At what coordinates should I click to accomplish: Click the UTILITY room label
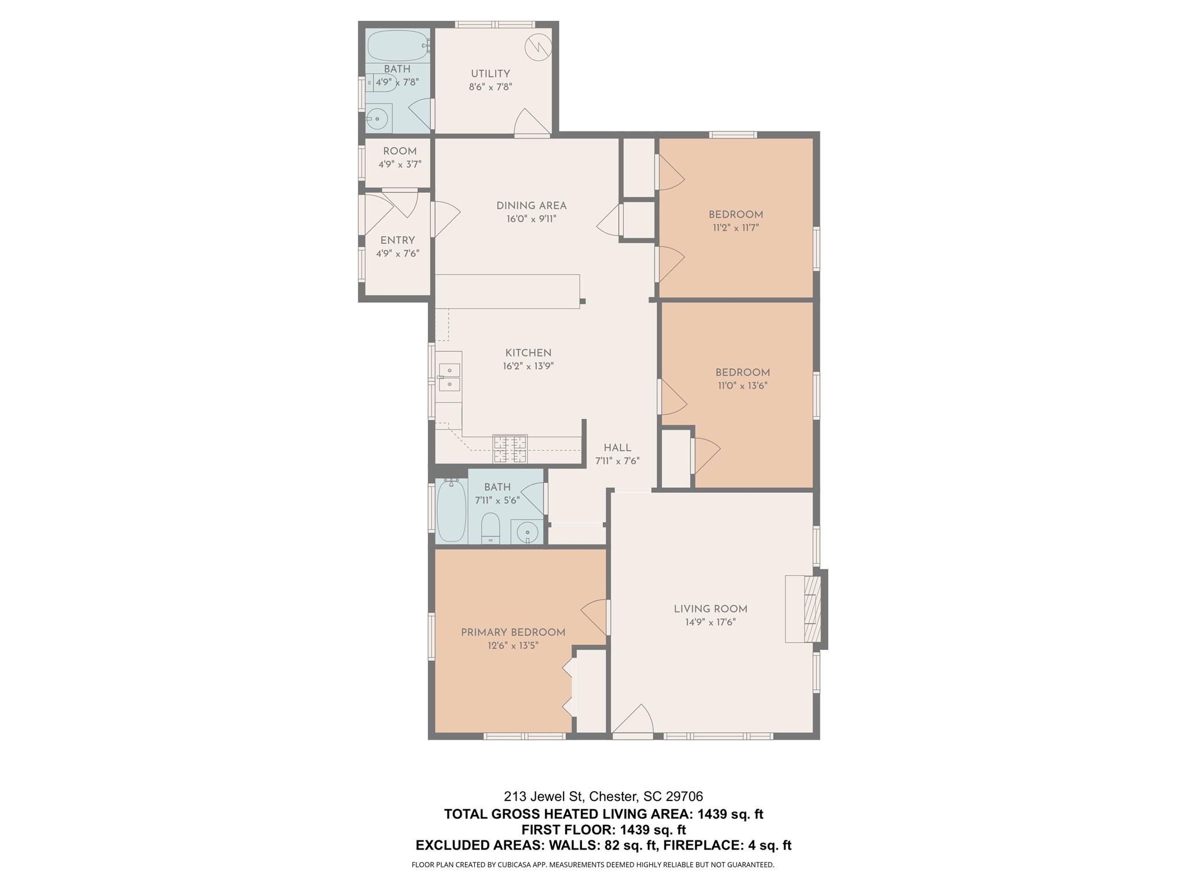[490, 74]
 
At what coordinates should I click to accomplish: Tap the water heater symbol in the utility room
[538, 47]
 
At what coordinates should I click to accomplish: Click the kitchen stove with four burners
[510, 449]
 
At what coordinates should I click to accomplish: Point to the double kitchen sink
[449, 377]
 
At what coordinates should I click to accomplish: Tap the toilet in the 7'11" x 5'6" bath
[490, 527]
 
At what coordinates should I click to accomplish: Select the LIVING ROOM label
[710, 609]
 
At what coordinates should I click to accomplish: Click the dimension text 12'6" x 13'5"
[513, 645]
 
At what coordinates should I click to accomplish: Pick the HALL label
[617, 447]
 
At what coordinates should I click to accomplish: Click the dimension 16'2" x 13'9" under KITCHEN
[528, 366]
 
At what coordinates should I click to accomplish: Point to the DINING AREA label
[531, 205]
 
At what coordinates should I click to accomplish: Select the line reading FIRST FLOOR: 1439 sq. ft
[603, 829]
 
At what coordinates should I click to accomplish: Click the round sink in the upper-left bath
[378, 119]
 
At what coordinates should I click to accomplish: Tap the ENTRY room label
[397, 240]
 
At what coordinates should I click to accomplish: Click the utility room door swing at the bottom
[531, 122]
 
